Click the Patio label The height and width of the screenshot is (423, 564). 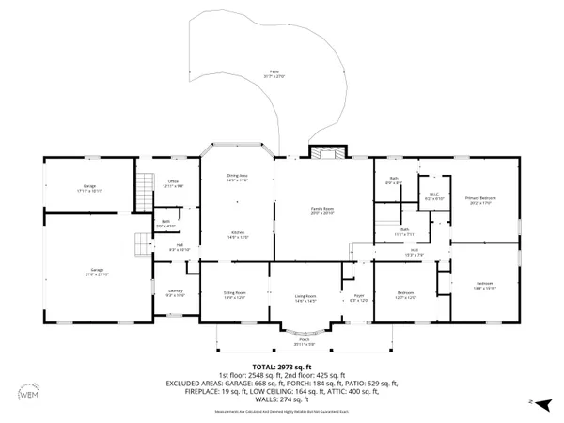pos(274,72)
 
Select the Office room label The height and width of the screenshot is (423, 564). pos(172,183)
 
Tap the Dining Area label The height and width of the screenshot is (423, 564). pos(237,177)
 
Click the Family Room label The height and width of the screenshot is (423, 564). pos(322,211)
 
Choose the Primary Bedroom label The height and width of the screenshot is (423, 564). pos(479,199)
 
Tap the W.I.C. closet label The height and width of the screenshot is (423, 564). pos(432,197)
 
